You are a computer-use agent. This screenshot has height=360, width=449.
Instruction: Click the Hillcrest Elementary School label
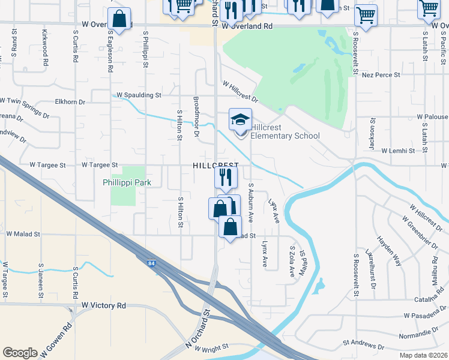pyautogui.click(x=285, y=131)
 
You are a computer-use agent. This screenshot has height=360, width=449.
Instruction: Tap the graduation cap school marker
pyautogui.click(x=240, y=119)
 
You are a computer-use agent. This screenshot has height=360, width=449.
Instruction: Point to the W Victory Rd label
pyautogui.click(x=104, y=305)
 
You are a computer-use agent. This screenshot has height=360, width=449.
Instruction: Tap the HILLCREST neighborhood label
pyautogui.click(x=215, y=165)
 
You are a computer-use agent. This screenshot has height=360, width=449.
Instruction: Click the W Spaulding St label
pyautogui.click(x=139, y=95)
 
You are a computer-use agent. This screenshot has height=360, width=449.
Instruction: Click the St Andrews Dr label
pyautogui.click(x=364, y=346)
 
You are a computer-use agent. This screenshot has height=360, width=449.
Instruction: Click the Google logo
pyautogui.click(x=20, y=353)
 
